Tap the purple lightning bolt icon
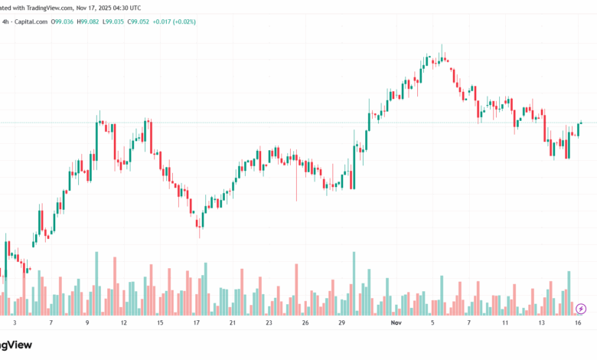point(581,309)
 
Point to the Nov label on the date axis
point(396,324)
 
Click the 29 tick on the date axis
point(341,324)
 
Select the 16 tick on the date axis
point(579,324)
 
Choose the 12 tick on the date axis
point(123,324)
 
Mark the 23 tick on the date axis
point(269,324)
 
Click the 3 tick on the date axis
point(15,324)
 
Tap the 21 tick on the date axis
point(233,324)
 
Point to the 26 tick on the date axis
point(305,324)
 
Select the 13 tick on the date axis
point(542,324)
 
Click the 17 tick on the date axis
point(196,324)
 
